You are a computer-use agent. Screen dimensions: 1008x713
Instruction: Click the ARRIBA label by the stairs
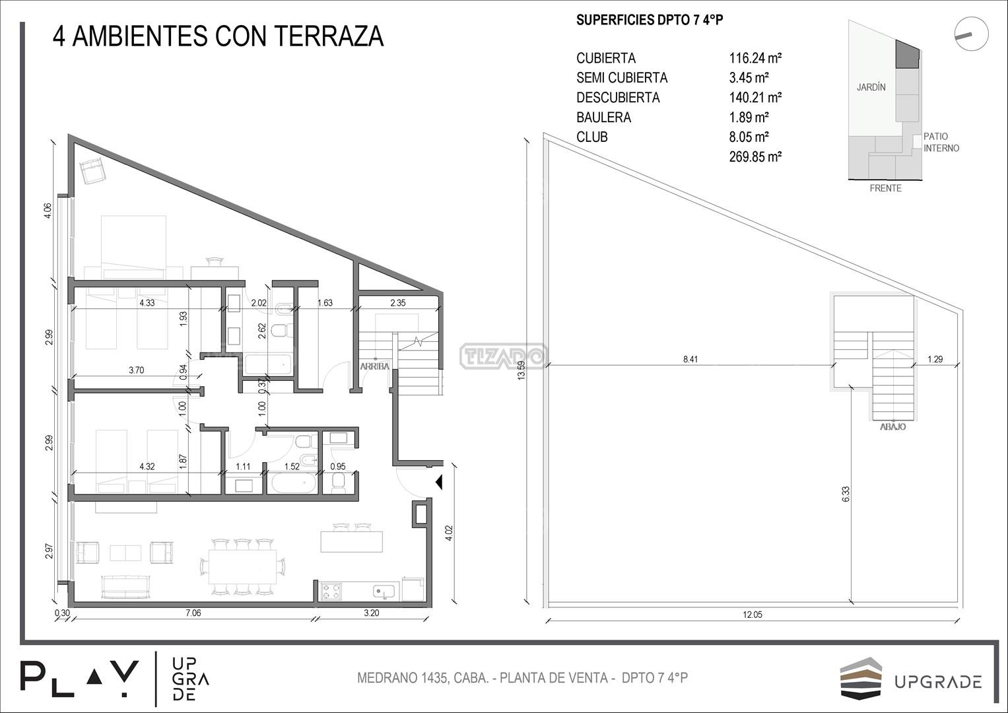374,366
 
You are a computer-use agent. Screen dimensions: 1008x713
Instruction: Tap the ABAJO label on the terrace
892,426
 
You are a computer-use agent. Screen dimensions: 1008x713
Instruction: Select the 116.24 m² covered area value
755,58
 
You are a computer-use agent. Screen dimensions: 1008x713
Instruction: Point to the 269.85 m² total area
755,156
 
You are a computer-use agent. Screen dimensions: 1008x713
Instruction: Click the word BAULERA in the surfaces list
603,118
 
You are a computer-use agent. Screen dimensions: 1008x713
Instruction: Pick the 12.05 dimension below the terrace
753,615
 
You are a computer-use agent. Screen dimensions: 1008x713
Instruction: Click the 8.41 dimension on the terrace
690,359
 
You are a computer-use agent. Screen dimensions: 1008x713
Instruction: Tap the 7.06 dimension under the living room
193,613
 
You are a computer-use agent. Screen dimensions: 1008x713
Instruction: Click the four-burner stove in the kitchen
331,591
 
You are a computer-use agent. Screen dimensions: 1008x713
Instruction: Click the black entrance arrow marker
439,483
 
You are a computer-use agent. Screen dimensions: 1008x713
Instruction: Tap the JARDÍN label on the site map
871,87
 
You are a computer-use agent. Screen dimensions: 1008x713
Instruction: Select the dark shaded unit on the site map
907,54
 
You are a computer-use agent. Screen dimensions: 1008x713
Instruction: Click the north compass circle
971,33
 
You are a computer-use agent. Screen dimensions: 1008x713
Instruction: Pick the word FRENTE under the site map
885,188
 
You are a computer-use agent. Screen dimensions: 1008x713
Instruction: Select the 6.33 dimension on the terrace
846,494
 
